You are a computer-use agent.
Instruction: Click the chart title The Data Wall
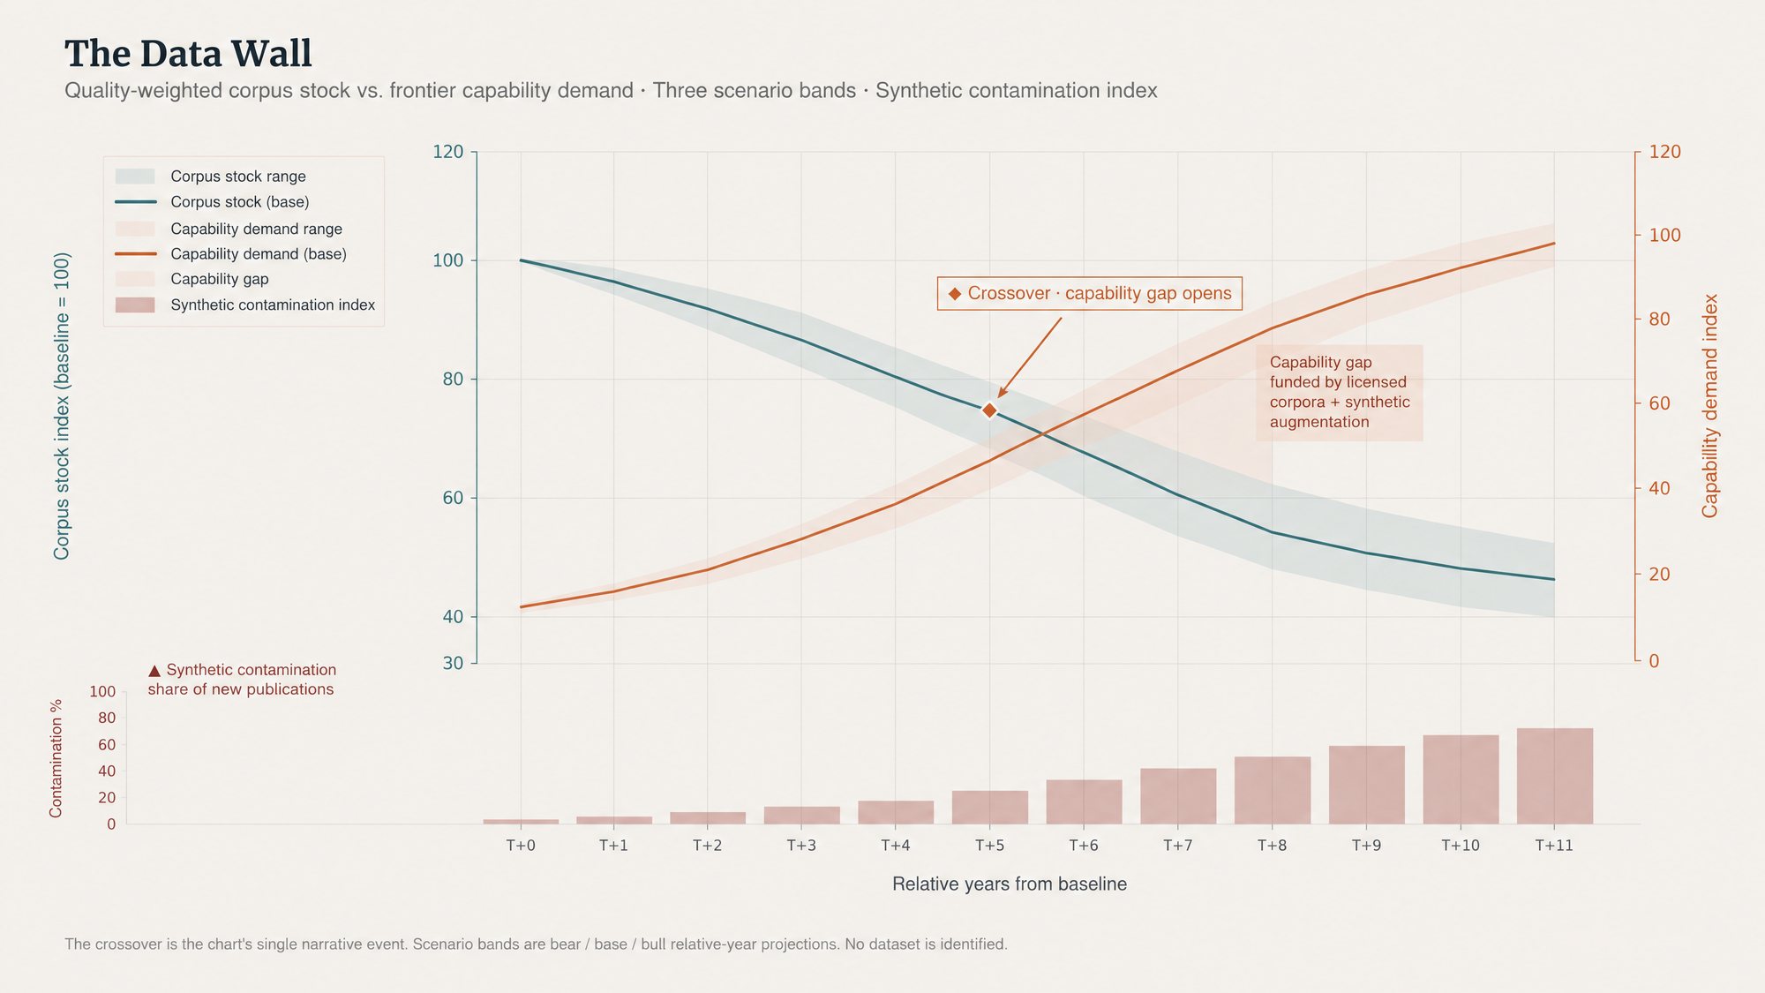coord(188,54)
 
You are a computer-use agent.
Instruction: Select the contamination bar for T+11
coord(1555,776)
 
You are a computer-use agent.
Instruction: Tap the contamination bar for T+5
coord(990,808)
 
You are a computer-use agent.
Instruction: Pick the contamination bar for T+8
coord(1273,790)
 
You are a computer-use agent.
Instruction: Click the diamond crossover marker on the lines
coord(989,410)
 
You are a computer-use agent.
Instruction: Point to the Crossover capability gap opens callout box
coord(1089,293)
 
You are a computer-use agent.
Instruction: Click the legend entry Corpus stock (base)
coord(212,202)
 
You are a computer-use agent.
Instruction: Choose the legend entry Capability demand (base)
coord(230,254)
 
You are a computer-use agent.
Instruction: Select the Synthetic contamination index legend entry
coord(245,305)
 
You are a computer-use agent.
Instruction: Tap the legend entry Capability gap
coord(192,280)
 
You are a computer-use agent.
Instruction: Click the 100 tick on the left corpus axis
coord(448,260)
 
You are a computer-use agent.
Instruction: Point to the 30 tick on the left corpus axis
coord(453,663)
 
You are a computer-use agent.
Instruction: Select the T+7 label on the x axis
coord(1178,846)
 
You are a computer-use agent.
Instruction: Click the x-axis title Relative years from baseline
coord(1010,884)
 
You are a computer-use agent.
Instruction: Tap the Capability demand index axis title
coord(1710,406)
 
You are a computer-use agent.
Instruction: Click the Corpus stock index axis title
coord(61,406)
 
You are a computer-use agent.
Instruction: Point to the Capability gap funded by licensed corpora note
coord(1340,392)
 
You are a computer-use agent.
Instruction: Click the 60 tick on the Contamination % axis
coord(107,745)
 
